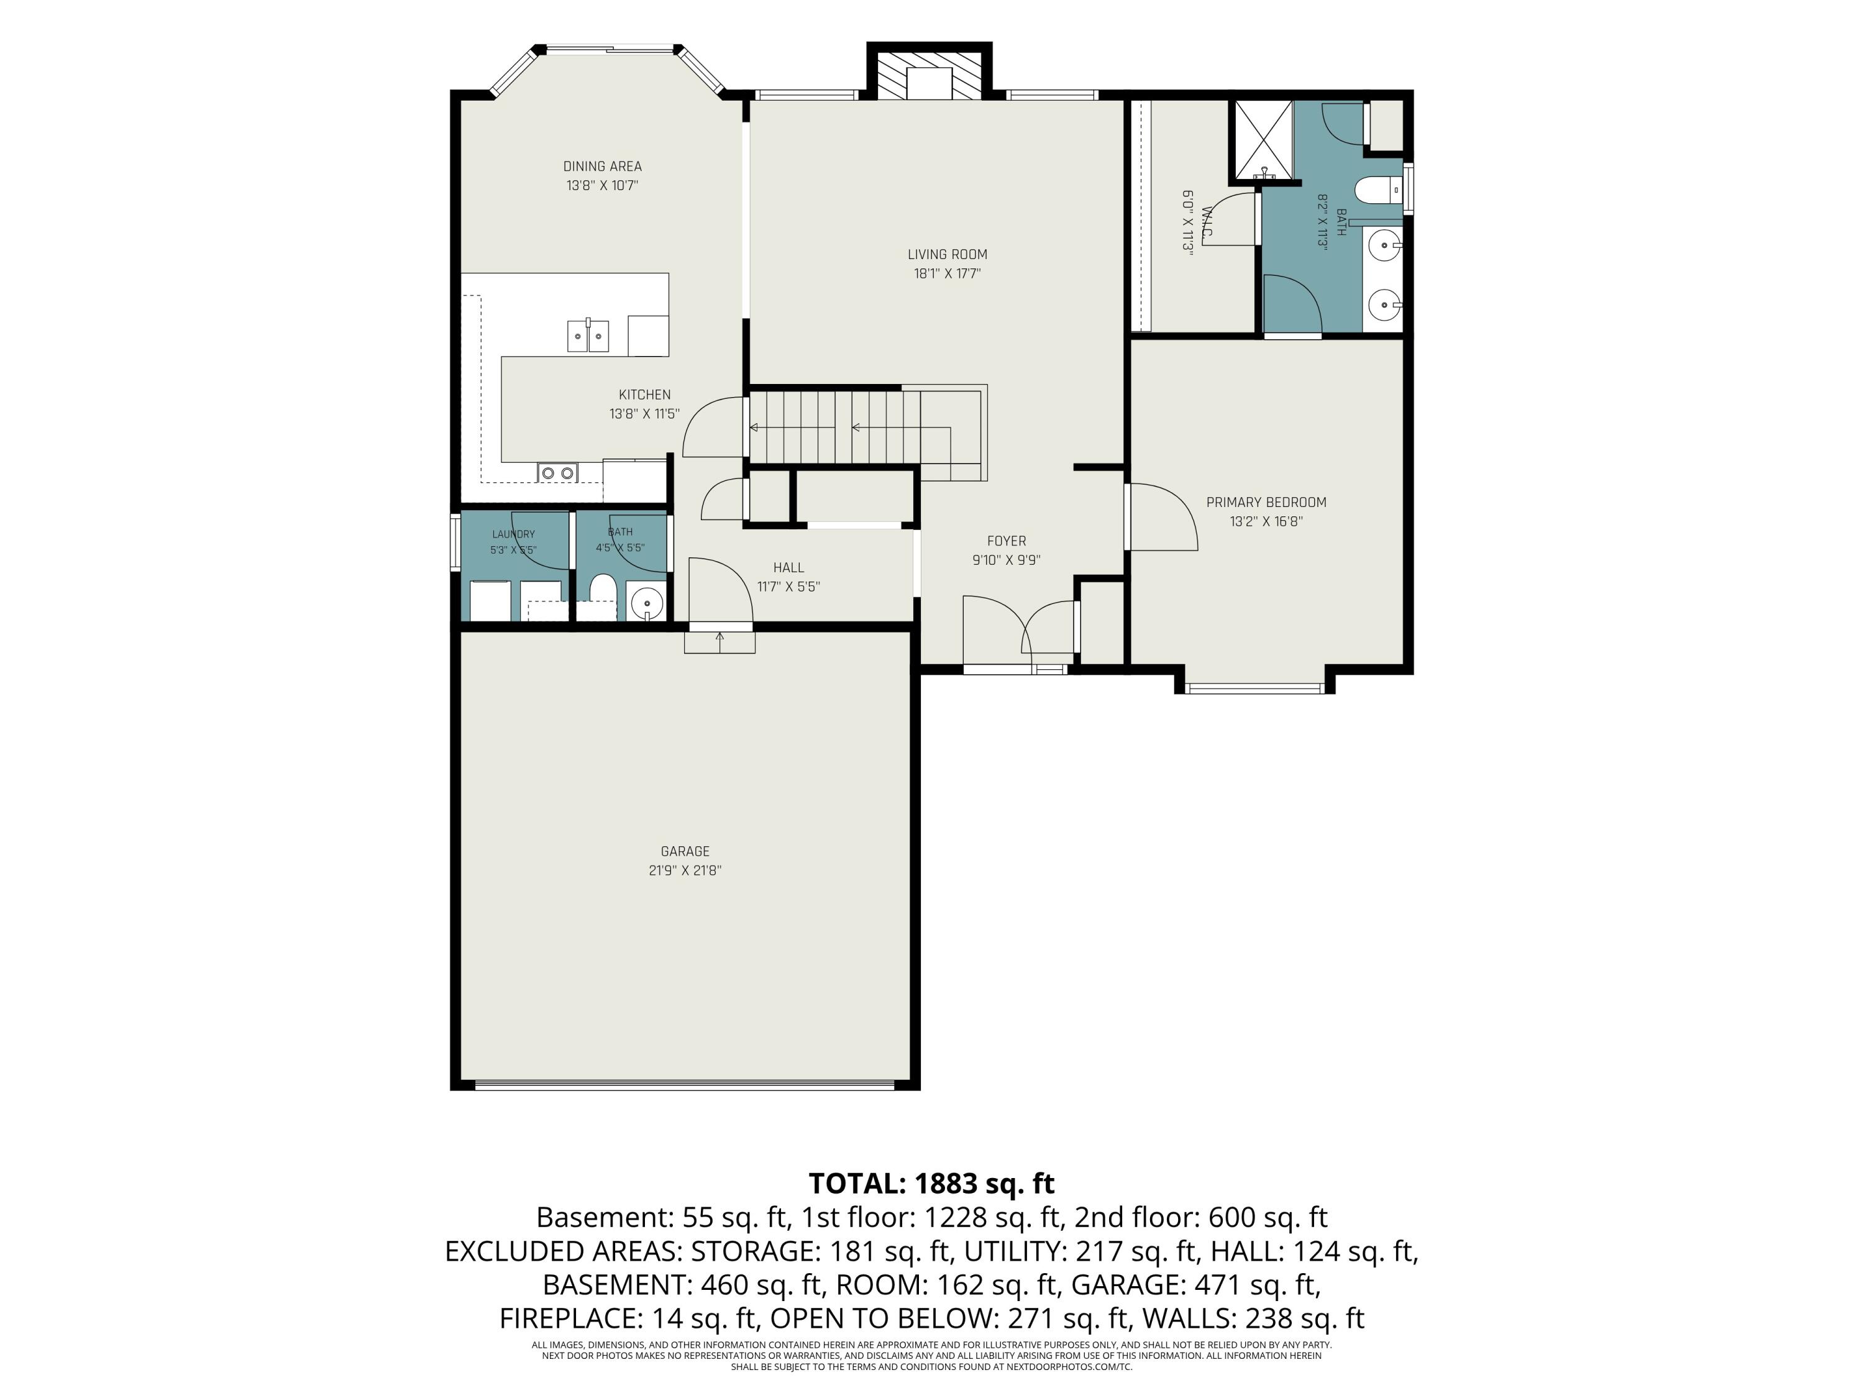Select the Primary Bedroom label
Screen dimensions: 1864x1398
click(x=1266, y=502)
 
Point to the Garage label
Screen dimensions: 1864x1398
click(x=685, y=851)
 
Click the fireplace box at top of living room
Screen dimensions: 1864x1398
click(x=930, y=76)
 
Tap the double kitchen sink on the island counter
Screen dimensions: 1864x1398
click(x=587, y=336)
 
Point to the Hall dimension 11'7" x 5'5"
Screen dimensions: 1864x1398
click(x=788, y=587)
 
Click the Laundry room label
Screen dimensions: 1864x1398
click(x=513, y=534)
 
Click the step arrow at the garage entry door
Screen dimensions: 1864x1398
click(x=720, y=642)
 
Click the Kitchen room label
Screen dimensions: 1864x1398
click(x=645, y=395)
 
